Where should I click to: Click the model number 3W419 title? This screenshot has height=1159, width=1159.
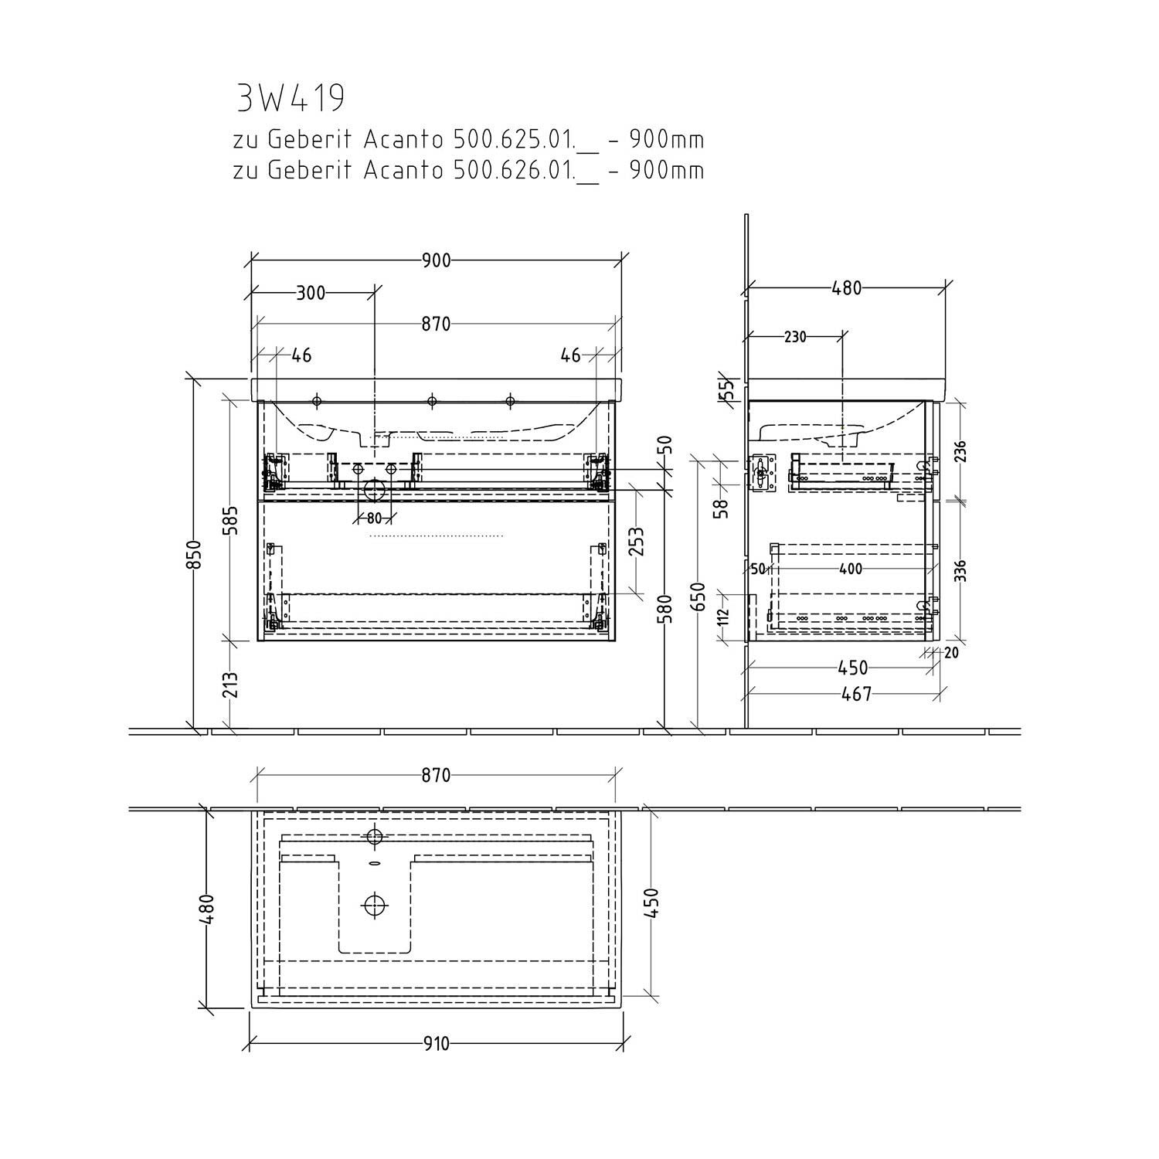pos(290,98)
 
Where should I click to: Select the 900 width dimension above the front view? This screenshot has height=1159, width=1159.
pos(437,260)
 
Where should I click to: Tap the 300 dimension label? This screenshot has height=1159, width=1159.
pos(311,293)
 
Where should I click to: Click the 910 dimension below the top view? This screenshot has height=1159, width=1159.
pos(437,1044)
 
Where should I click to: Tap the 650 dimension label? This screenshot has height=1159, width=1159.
pos(698,596)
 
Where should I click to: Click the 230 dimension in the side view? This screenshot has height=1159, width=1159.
pos(795,337)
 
